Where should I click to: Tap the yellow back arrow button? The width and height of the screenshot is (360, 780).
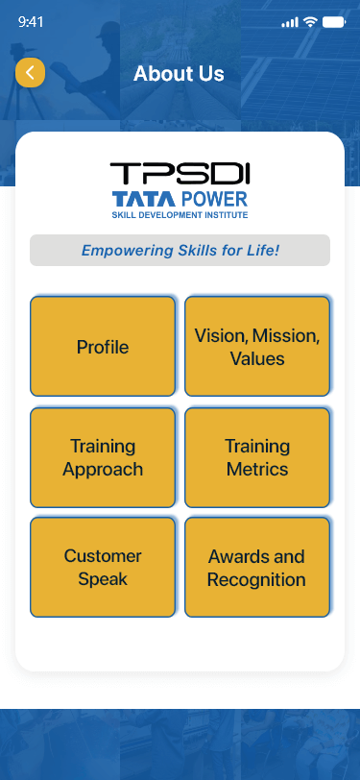(x=31, y=73)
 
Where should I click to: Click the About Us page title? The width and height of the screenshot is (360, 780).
(x=179, y=74)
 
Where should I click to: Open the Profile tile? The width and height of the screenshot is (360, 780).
(x=103, y=347)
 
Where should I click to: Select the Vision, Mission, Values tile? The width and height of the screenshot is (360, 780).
(x=257, y=347)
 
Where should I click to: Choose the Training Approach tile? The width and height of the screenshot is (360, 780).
(x=103, y=457)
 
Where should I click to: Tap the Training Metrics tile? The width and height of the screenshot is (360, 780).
(x=257, y=457)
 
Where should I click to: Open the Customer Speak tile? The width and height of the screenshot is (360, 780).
(x=103, y=568)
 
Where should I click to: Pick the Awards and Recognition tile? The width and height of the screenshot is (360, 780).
(x=257, y=568)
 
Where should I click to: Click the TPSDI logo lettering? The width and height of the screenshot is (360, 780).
(x=180, y=174)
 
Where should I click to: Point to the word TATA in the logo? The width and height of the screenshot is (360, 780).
(x=143, y=199)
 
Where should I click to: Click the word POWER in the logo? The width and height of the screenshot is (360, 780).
(x=213, y=199)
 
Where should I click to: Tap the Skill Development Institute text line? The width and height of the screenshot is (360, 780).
(x=180, y=215)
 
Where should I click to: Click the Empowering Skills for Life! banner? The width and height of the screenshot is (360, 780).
(x=180, y=251)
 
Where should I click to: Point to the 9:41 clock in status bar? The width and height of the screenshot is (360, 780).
(x=32, y=21)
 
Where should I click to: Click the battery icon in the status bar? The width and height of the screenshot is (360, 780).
(x=333, y=21)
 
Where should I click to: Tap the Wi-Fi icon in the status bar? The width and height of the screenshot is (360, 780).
(x=310, y=21)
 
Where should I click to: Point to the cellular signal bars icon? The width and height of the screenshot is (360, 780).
(x=290, y=21)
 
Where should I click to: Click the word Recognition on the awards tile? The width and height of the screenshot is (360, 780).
(x=257, y=579)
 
